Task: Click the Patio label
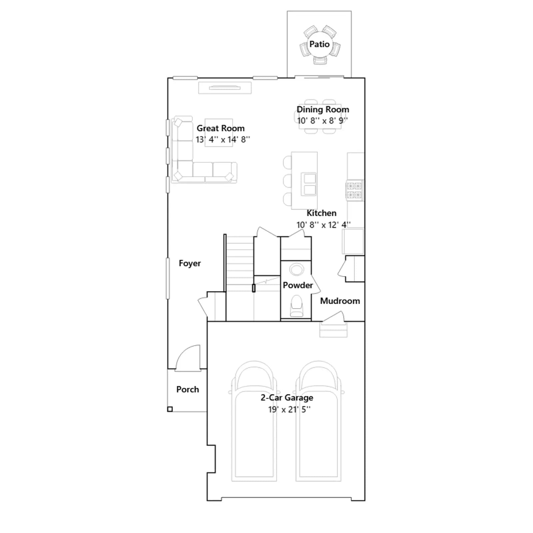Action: [x=319, y=44]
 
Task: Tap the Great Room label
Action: [x=221, y=128]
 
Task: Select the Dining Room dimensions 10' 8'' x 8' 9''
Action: [x=323, y=121]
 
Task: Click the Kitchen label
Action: [x=321, y=213]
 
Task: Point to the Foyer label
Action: [x=190, y=263]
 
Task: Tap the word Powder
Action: [x=298, y=285]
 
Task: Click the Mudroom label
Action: [x=340, y=301]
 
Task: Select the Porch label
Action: [x=188, y=389]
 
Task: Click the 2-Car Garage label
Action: [x=287, y=398]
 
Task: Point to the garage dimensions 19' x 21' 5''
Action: [x=289, y=409]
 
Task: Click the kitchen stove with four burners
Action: [x=354, y=190]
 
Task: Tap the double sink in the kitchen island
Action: [x=309, y=184]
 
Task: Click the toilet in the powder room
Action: [x=296, y=306]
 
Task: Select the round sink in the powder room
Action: [x=296, y=269]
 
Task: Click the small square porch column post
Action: [x=170, y=409]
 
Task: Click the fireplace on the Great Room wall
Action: [x=225, y=88]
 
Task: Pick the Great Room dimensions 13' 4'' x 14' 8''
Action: [x=223, y=140]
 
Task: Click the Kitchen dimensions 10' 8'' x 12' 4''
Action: [x=323, y=225]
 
